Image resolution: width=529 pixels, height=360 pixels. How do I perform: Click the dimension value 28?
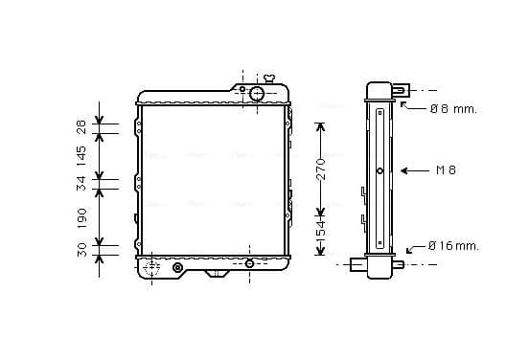point(82,127)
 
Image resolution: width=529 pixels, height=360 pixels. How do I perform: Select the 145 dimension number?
point(81,156)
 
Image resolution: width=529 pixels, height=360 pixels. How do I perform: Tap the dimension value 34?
point(81,184)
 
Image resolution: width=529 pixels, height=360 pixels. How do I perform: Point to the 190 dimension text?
point(82,218)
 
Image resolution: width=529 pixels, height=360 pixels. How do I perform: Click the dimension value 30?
point(82,250)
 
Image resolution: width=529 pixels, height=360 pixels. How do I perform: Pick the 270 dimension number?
point(322,169)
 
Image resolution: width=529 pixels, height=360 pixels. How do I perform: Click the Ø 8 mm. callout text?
point(453,109)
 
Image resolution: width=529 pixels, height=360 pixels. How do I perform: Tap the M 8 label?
point(446,170)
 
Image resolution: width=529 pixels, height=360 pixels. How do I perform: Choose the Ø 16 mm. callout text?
point(453,246)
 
